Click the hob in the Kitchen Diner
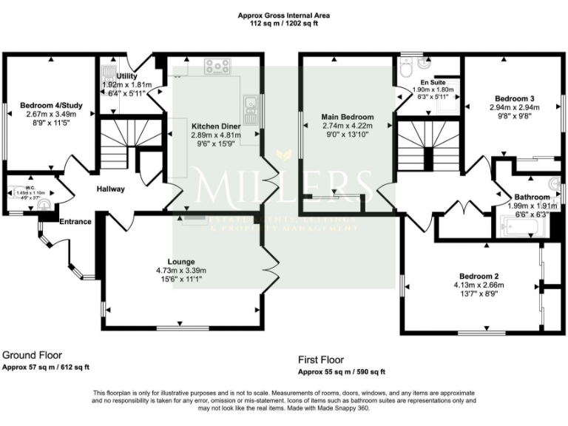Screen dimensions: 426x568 (x=217, y=67)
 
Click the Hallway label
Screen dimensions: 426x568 (x=110, y=189)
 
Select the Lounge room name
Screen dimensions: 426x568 (x=181, y=262)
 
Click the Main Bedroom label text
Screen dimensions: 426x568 (x=347, y=117)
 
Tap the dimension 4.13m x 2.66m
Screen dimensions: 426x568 (x=479, y=285)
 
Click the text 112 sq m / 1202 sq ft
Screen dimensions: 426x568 (x=284, y=24)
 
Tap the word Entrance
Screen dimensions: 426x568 (x=75, y=221)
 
